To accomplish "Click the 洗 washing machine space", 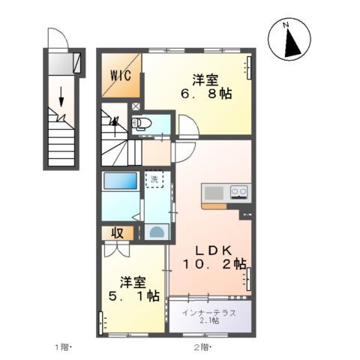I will coord(153,180).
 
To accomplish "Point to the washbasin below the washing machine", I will coord(155,232).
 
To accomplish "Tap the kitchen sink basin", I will coord(214,192).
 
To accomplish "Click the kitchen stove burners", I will coord(239,192).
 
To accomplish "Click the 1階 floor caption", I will coord(61,346).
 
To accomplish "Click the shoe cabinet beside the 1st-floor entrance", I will coord(76,63).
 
